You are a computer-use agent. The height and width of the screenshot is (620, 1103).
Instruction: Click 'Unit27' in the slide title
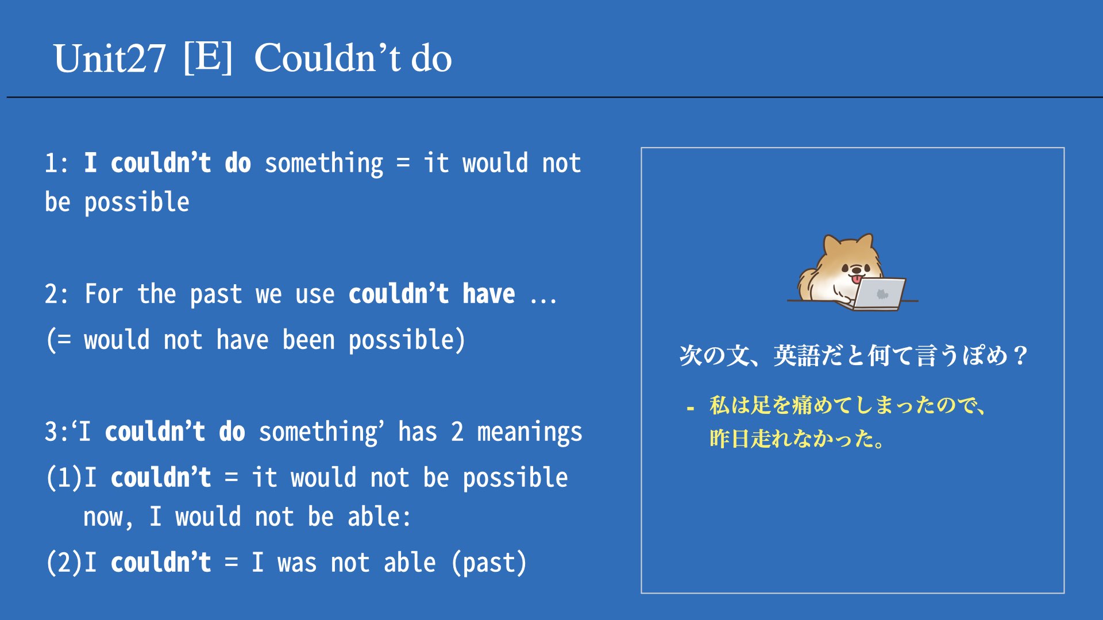tap(110, 59)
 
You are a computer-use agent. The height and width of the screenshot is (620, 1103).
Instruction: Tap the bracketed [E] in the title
tap(208, 57)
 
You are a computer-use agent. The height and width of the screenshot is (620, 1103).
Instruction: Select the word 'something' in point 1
tap(323, 164)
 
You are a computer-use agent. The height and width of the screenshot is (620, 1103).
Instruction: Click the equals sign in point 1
tap(403, 164)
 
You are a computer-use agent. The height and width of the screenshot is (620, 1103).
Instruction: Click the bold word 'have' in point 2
tap(489, 294)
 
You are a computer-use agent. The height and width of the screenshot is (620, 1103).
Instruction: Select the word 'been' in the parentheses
tap(308, 340)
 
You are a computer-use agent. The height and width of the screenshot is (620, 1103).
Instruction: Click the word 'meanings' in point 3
tap(530, 433)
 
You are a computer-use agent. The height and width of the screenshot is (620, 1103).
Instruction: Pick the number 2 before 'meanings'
tap(457, 432)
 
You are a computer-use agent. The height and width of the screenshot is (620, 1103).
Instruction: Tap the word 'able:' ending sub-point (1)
tap(379, 517)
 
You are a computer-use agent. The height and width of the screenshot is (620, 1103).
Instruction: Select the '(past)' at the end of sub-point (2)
tap(489, 563)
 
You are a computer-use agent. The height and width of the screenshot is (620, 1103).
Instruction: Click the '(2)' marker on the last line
tap(64, 563)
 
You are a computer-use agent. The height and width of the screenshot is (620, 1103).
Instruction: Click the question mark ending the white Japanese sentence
tap(1020, 355)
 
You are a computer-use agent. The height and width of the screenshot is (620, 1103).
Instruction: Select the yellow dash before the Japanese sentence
tap(690, 409)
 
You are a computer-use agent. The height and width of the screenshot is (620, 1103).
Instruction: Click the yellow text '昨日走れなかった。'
tap(797, 439)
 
